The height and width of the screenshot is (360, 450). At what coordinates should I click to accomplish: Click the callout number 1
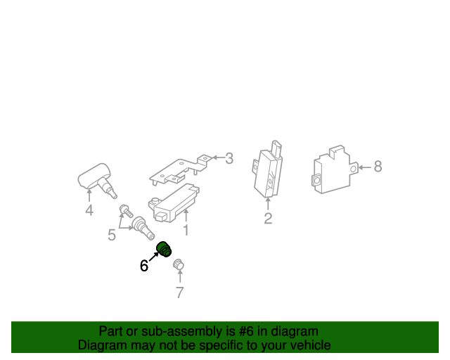pos(186,230)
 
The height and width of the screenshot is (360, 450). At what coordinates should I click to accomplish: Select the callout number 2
pos(268,219)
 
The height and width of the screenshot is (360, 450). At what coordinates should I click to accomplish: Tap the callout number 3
pos(229,158)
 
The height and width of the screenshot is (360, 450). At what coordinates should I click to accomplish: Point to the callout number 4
pos(89,210)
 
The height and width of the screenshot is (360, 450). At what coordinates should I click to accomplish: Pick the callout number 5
pos(112,235)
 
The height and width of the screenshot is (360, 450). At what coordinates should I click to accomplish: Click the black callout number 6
pos(144,265)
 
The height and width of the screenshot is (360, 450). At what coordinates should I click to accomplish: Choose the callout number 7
pos(179,292)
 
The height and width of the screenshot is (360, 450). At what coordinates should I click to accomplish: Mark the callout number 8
pos(378,167)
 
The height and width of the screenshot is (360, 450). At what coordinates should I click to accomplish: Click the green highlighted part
pos(165,250)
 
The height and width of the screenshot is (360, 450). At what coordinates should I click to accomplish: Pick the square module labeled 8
pos(333,171)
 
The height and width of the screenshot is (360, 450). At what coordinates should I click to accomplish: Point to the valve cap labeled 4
pos(96,179)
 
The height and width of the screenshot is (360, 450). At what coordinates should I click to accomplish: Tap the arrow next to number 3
pos(217,158)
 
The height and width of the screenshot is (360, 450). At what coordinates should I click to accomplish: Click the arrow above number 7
pos(179,277)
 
